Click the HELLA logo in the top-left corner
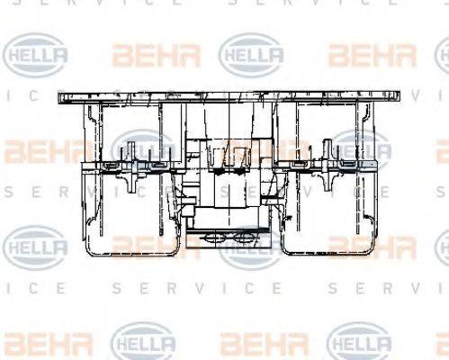[36, 56]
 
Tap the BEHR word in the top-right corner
[372, 56]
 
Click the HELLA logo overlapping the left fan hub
[143, 149]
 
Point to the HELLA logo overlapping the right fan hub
[360, 149]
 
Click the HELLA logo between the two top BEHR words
[252, 56]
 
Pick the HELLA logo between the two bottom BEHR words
[144, 342]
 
